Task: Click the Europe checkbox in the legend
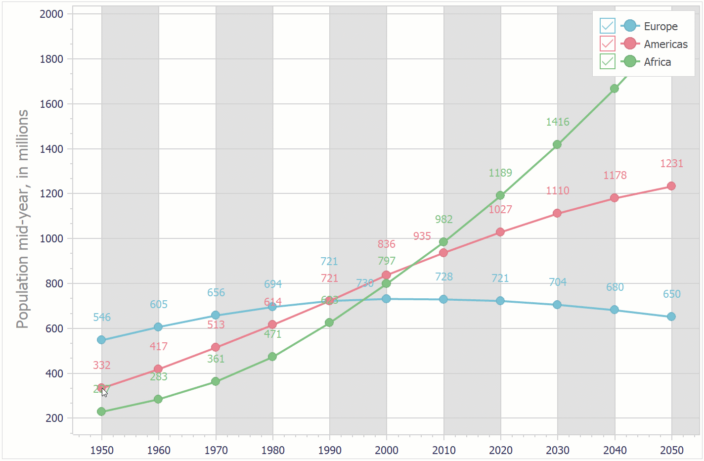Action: (x=607, y=26)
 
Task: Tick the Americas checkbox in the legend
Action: (x=607, y=44)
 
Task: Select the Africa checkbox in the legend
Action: (x=607, y=61)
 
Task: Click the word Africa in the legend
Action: (x=657, y=62)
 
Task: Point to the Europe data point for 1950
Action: (x=101, y=340)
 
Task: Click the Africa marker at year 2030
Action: (x=557, y=144)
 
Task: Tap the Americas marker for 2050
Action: (x=671, y=186)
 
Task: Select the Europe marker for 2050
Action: (x=671, y=317)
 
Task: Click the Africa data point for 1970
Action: (x=216, y=381)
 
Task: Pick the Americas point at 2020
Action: (x=500, y=232)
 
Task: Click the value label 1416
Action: (x=558, y=122)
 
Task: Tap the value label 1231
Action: (x=671, y=163)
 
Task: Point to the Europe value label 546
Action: (x=102, y=317)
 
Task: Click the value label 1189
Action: (x=500, y=173)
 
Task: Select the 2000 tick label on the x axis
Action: (x=387, y=450)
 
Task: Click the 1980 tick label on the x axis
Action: (x=273, y=450)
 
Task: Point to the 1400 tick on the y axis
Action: (x=51, y=149)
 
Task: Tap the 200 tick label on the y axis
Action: (x=54, y=418)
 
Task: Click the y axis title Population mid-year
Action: (x=23, y=219)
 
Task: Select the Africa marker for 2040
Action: (x=614, y=89)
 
